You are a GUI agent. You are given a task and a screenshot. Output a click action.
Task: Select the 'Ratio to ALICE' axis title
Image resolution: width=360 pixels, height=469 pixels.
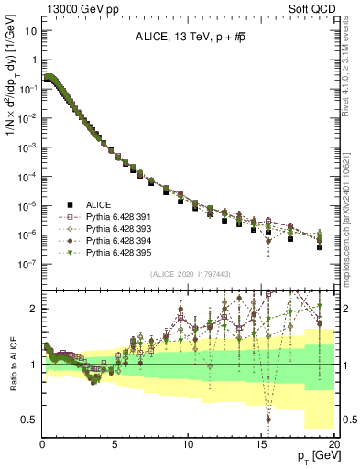(x=13, y=364)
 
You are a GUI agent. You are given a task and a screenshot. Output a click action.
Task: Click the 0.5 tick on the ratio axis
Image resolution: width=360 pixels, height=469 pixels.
(x=30, y=420)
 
